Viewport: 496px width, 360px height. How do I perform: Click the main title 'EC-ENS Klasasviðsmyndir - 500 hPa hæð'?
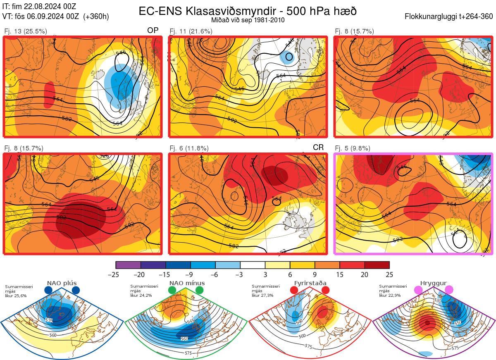pyautogui.click(x=248, y=11)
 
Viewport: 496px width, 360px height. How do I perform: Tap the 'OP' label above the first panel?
pyautogui.click(x=153, y=31)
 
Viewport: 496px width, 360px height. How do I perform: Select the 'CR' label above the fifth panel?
pyautogui.click(x=318, y=148)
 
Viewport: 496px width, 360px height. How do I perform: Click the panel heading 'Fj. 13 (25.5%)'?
pyautogui.click(x=26, y=31)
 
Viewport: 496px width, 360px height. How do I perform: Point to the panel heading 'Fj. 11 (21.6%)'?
pyautogui.click(x=191, y=31)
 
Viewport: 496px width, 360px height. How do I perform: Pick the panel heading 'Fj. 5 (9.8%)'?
pyautogui.click(x=353, y=148)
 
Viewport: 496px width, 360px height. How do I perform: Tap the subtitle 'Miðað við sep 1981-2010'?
pyautogui.click(x=248, y=20)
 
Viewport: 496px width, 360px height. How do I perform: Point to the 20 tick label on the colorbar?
pyautogui.click(x=365, y=274)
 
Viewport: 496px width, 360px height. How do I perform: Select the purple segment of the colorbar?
pyautogui.click(x=128, y=265)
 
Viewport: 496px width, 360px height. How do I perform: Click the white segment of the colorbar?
pyautogui.click(x=253, y=265)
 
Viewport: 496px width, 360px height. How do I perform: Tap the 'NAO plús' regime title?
pyautogui.click(x=62, y=283)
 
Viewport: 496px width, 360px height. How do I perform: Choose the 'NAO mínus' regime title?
pyautogui.click(x=187, y=283)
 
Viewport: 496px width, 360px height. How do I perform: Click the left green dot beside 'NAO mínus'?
pyautogui.click(x=172, y=291)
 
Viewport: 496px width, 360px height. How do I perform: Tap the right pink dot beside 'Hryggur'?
pyautogui.click(x=449, y=290)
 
